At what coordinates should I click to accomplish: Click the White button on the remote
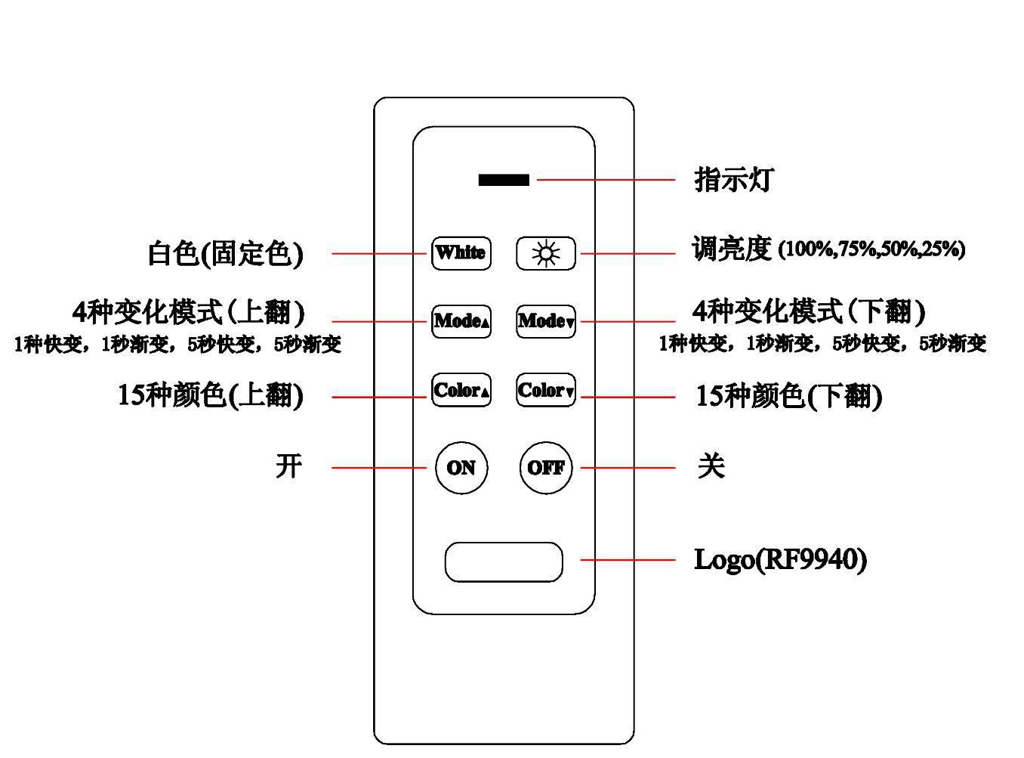pyautogui.click(x=461, y=252)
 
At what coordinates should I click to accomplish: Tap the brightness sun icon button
pyautogui.click(x=545, y=253)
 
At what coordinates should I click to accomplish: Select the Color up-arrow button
pyautogui.click(x=461, y=391)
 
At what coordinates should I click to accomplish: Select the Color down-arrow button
pyautogui.click(x=545, y=391)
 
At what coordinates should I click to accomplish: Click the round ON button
pyautogui.click(x=461, y=468)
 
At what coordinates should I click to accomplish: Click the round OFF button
pyautogui.click(x=545, y=468)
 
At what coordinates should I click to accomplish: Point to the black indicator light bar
pyautogui.click(x=504, y=180)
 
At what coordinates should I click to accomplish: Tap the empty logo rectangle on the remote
pyautogui.click(x=504, y=562)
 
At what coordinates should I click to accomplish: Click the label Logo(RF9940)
pyautogui.click(x=780, y=560)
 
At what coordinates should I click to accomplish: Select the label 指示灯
pyautogui.click(x=733, y=180)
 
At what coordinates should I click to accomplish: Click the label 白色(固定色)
pyautogui.click(x=225, y=253)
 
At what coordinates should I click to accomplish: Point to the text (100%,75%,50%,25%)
pyautogui.click(x=871, y=249)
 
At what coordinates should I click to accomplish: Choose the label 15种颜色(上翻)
pyautogui.click(x=210, y=395)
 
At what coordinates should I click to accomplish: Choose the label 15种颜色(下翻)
pyautogui.click(x=788, y=395)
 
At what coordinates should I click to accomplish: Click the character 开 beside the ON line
pyautogui.click(x=288, y=466)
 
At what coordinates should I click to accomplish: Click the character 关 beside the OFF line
pyautogui.click(x=711, y=466)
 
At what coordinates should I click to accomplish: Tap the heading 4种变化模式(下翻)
pyautogui.click(x=808, y=311)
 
